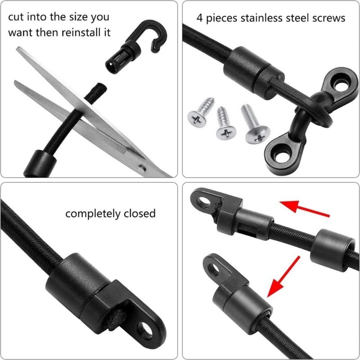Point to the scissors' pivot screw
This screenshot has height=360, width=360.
click(142, 168)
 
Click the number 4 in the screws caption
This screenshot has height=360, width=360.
click(199, 18)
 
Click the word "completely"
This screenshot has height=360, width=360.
click(93, 213)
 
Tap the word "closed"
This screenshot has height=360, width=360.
click(139, 213)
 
